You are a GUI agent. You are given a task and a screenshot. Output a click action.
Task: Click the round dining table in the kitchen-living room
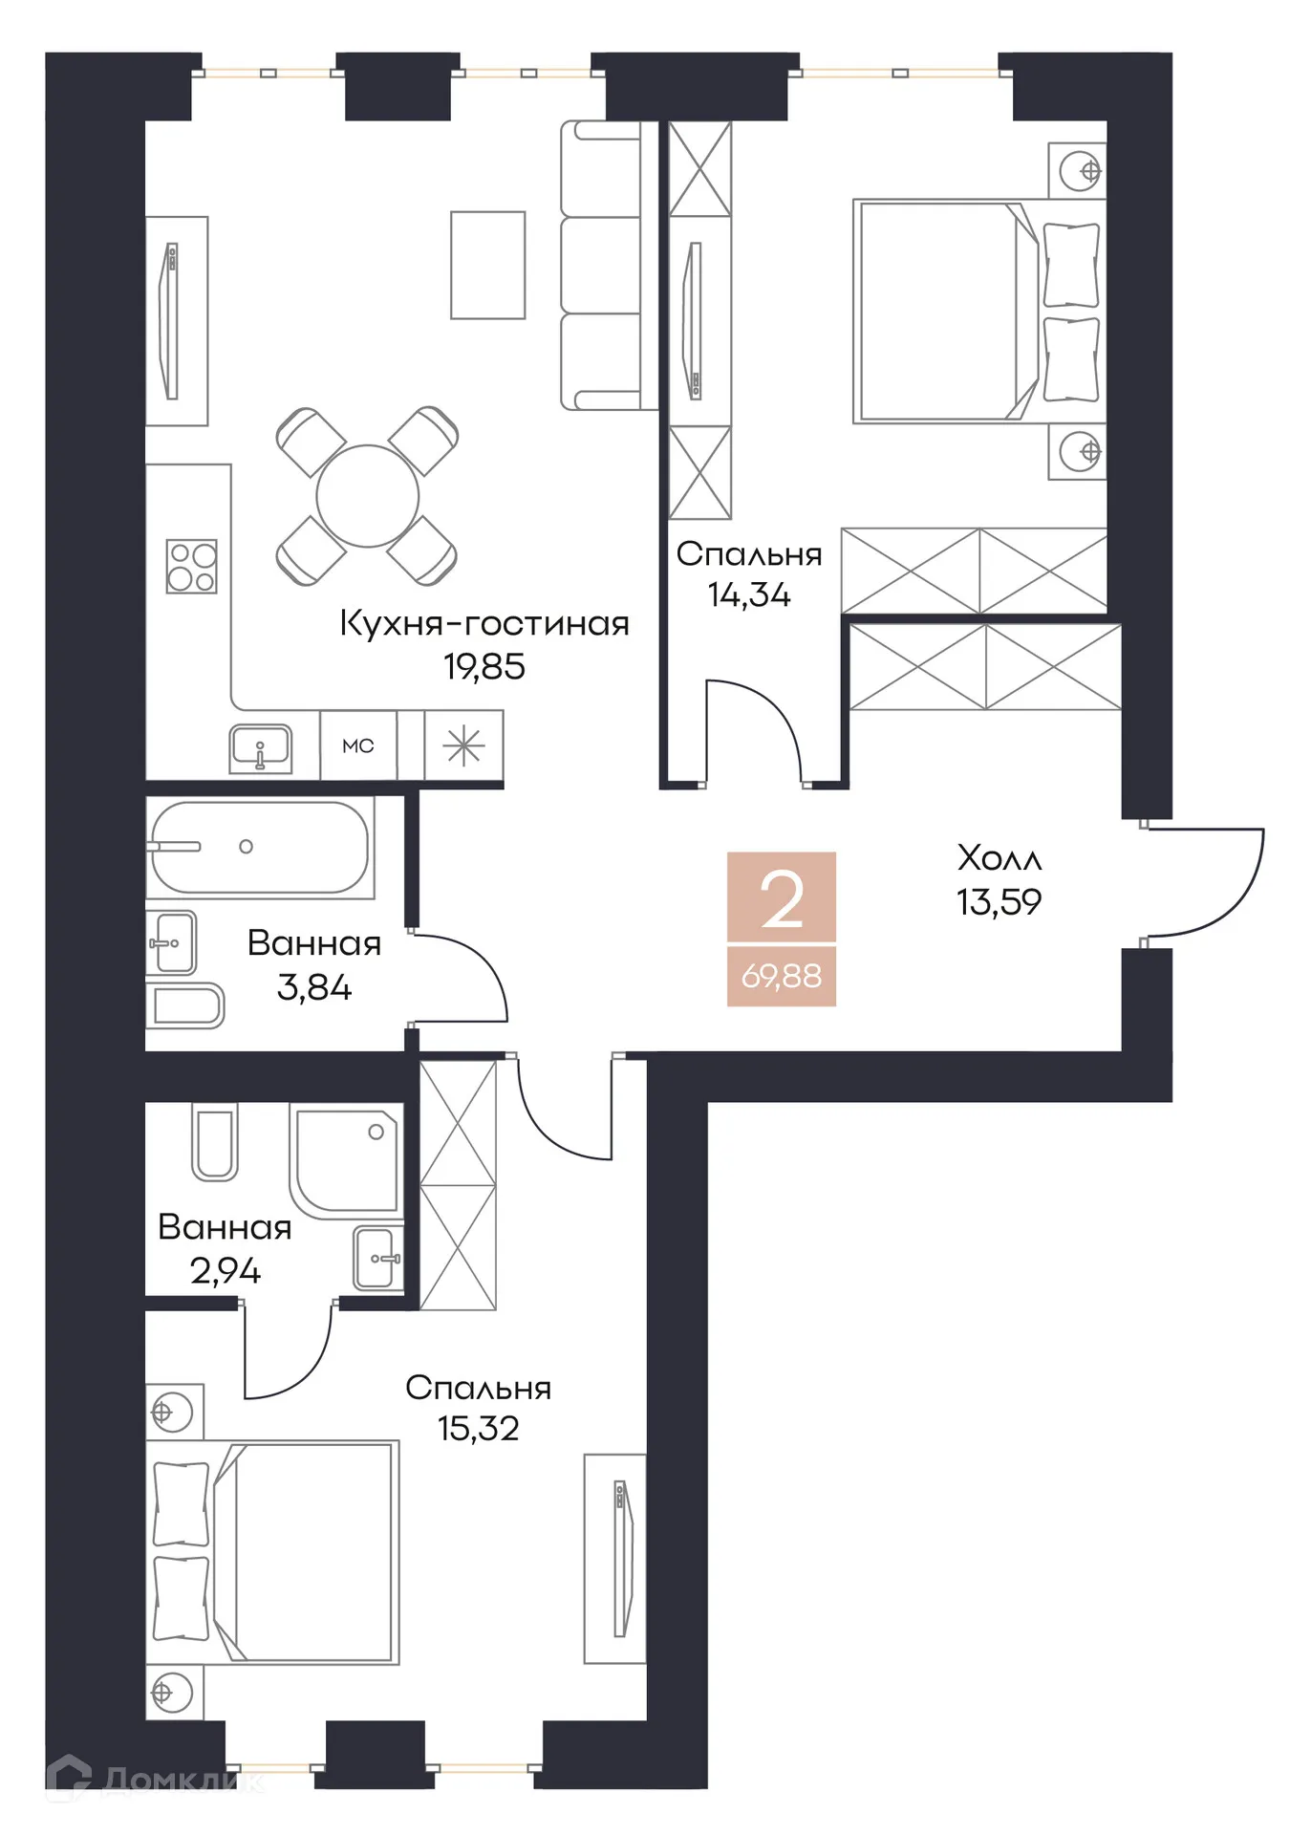(368, 496)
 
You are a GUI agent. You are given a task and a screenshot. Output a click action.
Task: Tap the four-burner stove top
(191, 567)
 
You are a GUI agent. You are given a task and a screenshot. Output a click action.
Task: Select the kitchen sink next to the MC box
(260, 746)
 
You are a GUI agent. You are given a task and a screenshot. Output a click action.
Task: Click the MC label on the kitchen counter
(358, 746)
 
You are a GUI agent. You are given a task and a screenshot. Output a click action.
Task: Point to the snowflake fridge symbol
(463, 745)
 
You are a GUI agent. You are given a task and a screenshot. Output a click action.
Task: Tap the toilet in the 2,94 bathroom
(215, 1142)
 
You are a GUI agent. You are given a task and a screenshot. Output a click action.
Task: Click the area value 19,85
(484, 667)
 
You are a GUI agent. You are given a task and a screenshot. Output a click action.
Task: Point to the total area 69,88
(782, 977)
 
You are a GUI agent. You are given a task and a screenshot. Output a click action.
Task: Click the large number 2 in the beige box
(782, 900)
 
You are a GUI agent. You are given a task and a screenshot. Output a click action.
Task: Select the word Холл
(999, 858)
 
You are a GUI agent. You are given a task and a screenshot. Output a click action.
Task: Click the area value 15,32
(478, 1429)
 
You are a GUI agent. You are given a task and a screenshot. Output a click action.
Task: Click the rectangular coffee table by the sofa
(487, 265)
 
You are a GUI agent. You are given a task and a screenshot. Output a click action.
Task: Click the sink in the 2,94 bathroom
(376, 1258)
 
